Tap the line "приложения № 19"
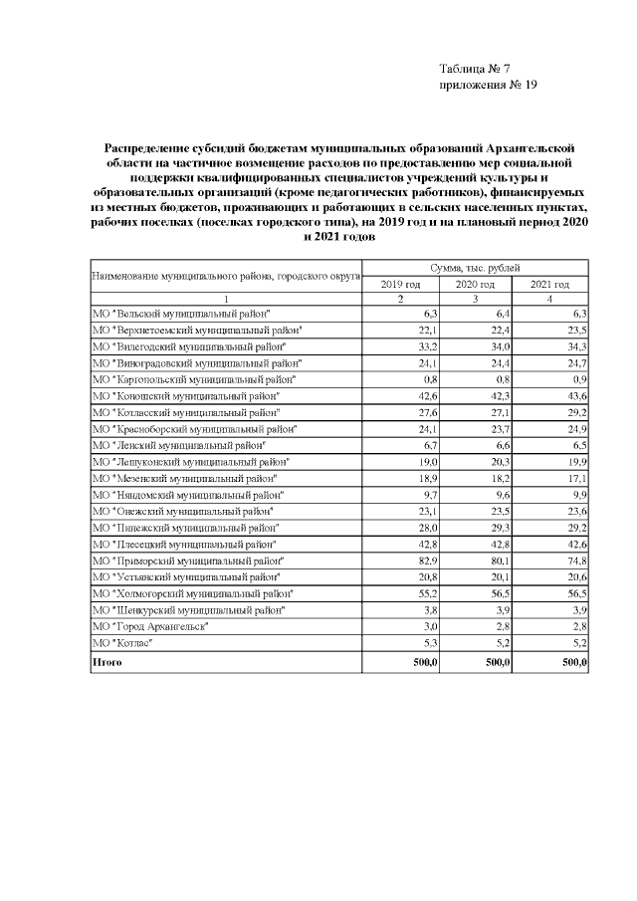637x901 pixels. tap(488, 86)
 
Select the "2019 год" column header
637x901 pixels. tap(400, 285)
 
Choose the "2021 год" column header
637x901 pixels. tap(550, 285)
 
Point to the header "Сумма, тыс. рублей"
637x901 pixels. tap(475, 269)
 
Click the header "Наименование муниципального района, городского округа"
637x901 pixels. tap(226, 276)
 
